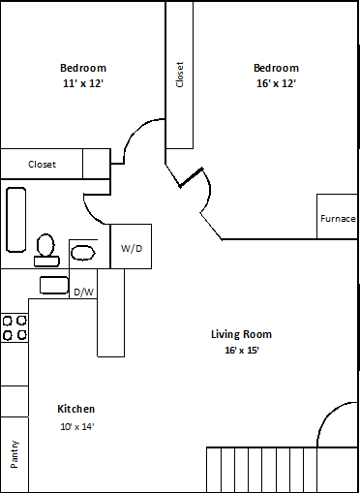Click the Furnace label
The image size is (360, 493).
(338, 219)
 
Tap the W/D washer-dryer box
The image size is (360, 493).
(131, 246)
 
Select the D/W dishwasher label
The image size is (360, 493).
(83, 292)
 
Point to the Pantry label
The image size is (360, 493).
(15, 454)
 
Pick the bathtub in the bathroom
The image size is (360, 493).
(15, 220)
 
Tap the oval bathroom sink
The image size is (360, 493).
(83, 253)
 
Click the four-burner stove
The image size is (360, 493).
(15, 327)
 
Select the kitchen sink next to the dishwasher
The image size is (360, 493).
(54, 285)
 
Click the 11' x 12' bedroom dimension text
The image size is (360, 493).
(83, 83)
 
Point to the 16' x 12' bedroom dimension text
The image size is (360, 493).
(276, 83)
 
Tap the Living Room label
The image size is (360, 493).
(241, 334)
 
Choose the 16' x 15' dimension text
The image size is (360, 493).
(242, 350)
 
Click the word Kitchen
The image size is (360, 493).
(76, 409)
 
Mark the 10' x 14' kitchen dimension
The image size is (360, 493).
(77, 426)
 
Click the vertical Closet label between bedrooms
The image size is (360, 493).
(180, 75)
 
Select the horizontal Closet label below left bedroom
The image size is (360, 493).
(42, 165)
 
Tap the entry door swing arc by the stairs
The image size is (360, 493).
(326, 415)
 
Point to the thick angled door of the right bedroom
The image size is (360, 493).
(191, 177)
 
